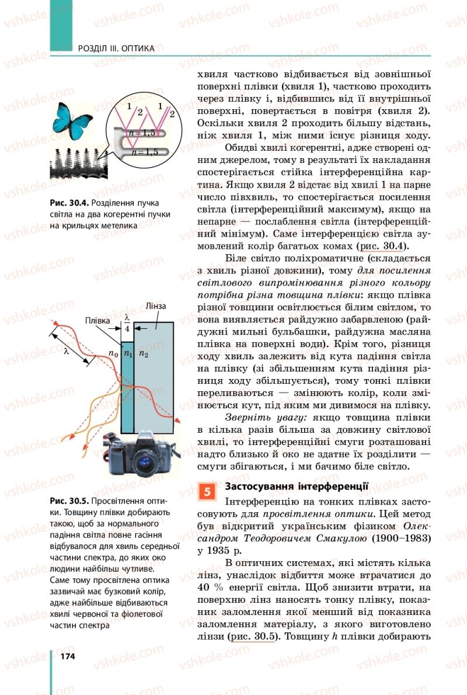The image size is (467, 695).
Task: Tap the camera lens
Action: pos(142,461)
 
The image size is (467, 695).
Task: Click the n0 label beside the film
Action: pos(113,353)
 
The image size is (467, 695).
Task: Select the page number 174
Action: pos(67,656)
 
